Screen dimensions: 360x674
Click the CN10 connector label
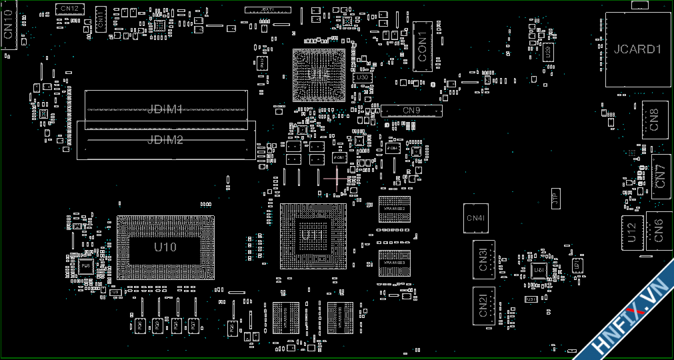coord(8,27)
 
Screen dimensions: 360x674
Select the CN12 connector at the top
coord(68,9)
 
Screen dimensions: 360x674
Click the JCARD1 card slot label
coord(637,49)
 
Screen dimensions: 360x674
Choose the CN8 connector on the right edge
coord(654,119)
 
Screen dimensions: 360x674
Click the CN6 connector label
coord(659,230)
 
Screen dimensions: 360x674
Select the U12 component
coord(632,233)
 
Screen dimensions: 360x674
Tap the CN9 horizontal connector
coord(411,110)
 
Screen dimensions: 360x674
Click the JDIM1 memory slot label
coord(165,109)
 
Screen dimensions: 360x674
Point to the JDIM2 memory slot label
coord(165,139)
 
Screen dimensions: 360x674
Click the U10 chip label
coord(165,247)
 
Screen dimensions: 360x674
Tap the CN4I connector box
coord(476,218)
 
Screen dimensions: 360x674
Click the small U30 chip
coord(363,77)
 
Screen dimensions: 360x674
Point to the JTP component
coord(555,198)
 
